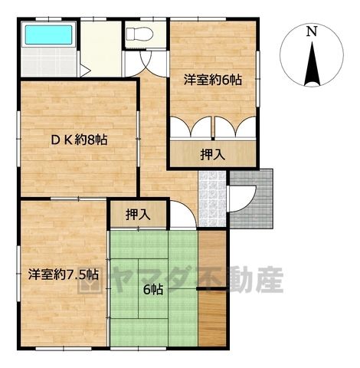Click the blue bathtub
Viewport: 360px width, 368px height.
pyautogui.click(x=48, y=34)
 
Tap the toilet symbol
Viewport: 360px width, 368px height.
pyautogui.click(x=139, y=34)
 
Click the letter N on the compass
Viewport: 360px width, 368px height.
pyautogui.click(x=312, y=31)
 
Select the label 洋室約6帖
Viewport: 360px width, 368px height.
pyautogui.click(x=213, y=80)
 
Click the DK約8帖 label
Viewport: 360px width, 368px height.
pyautogui.click(x=79, y=140)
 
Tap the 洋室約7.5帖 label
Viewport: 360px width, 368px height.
pyautogui.click(x=64, y=274)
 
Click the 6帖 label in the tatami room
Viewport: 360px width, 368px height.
pyautogui.click(x=153, y=290)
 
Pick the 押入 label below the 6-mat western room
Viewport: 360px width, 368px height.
pyautogui.click(x=213, y=154)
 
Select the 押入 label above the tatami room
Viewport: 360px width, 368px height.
pyautogui.click(x=138, y=214)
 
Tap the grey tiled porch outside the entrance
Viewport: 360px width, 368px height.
pyautogui.click(x=251, y=199)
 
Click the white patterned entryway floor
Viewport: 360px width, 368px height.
pyautogui.click(x=212, y=199)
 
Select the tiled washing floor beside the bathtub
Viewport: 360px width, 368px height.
pyautogui.click(x=48, y=62)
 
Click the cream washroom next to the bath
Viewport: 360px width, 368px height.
pyautogui.click(x=100, y=48)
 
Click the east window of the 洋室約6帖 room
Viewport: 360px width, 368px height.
pyautogui.click(x=258, y=78)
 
